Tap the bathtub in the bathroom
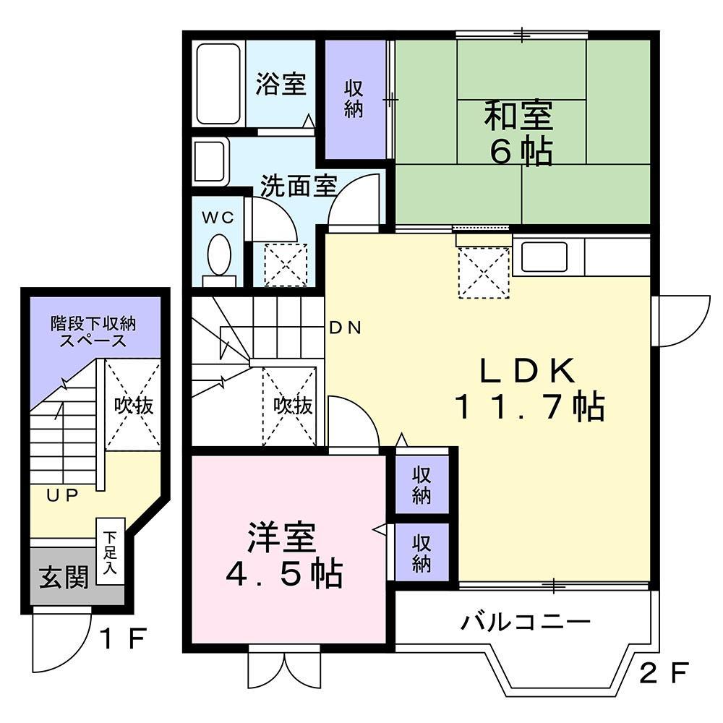point(218,84)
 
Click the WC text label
point(218,218)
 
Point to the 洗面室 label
point(299,186)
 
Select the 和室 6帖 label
point(519,134)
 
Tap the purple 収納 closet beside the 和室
point(354,99)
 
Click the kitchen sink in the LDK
point(544,257)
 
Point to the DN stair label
point(345,328)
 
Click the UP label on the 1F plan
point(63,495)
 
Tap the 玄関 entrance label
point(64,576)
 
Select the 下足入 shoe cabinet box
point(111,551)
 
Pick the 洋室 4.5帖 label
point(283,555)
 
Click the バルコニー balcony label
point(528,621)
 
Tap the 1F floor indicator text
point(124,639)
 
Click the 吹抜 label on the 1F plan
point(134,406)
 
